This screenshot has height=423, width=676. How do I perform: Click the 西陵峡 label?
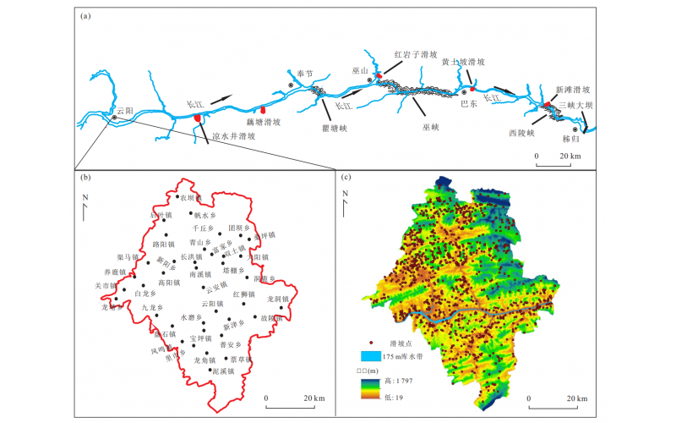point(522,133)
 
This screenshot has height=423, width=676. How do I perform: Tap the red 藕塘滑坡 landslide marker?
point(263,110)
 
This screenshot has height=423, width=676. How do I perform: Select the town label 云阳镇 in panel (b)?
point(213,303)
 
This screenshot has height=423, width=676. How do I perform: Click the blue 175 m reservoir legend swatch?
point(373,358)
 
